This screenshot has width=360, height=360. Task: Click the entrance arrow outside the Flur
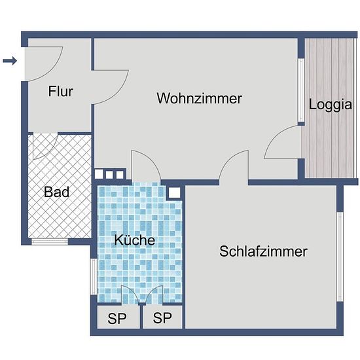10,61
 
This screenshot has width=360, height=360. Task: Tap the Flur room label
61,92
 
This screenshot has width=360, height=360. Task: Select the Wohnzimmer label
199,98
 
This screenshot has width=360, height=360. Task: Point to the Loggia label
330,105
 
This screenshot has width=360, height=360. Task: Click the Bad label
56,192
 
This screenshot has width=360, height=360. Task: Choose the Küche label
135,240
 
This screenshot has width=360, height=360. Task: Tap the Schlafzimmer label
263,251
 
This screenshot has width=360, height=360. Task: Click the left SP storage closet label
117,318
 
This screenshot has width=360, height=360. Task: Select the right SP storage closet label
162,317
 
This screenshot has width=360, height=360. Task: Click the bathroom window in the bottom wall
50,242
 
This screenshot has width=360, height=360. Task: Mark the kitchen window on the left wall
94,277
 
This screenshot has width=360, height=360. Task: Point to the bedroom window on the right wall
340,257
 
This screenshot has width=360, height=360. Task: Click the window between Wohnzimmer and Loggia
301,90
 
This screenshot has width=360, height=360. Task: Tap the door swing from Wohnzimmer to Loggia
276,135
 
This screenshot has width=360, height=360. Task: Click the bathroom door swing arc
49,153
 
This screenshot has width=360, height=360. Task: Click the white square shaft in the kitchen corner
175,192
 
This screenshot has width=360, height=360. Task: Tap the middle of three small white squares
109,175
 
